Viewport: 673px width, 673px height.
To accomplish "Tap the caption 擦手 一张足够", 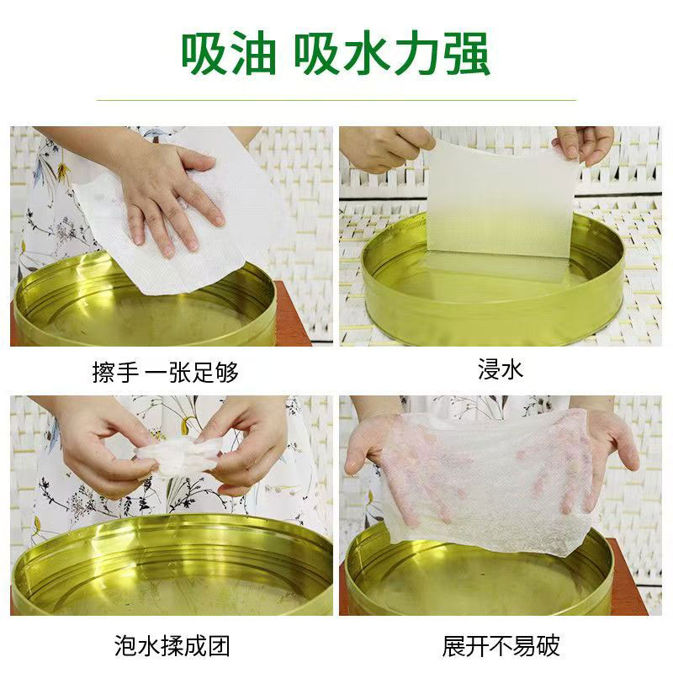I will [x=166, y=371].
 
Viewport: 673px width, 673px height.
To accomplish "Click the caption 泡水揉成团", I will [x=172, y=646].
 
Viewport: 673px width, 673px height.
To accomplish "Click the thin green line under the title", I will [x=336, y=99].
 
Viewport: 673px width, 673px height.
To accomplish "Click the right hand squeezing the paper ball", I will [x=248, y=446].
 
